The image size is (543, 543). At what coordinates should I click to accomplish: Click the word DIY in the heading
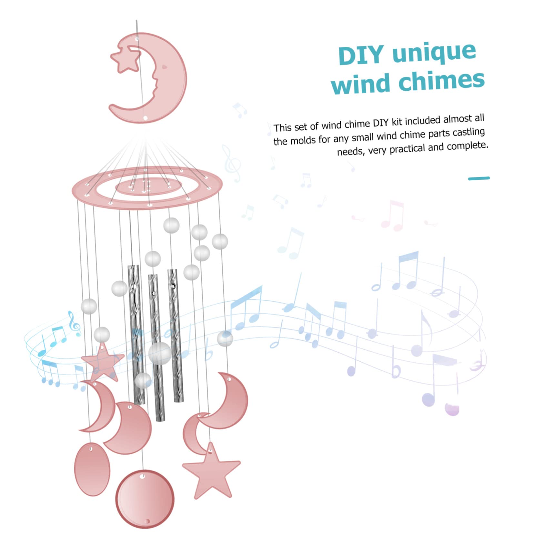(x=362, y=55)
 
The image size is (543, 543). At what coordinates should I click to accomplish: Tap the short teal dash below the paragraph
(x=479, y=178)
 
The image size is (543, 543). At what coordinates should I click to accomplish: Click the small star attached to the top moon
(x=125, y=58)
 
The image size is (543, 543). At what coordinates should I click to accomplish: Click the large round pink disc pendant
(x=145, y=499)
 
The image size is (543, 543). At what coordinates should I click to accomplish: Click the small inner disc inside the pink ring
(x=148, y=186)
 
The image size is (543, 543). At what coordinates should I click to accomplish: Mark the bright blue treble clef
(x=75, y=324)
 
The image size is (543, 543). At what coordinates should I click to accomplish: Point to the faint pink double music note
(x=393, y=216)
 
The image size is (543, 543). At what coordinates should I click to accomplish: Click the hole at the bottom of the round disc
(x=147, y=521)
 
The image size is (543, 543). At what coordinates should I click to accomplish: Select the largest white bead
(x=160, y=354)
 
